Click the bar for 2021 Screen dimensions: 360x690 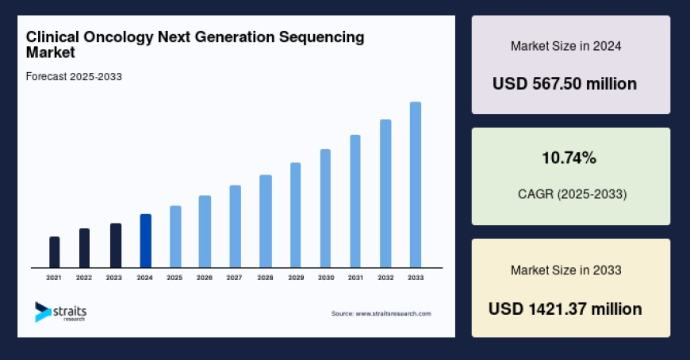(54, 252)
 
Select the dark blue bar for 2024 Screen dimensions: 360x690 (145, 241)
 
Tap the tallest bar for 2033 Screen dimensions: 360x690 (415, 185)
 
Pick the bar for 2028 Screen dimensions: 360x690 (266, 221)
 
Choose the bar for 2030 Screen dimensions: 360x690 (325, 209)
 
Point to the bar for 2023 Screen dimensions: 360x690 (115, 246)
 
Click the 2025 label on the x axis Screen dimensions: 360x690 (174, 278)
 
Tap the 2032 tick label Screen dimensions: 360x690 (385, 278)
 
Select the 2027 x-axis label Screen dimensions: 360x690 (234, 278)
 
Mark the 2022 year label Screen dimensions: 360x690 (84, 278)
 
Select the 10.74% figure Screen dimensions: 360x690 (569, 159)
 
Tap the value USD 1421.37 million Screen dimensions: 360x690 (565, 308)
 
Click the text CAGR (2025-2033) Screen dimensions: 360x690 (570, 193)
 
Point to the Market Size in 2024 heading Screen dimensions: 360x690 (565, 46)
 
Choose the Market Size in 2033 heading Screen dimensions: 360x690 (565, 270)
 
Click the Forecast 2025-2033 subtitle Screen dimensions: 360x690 (74, 76)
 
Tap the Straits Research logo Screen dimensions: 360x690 (60, 312)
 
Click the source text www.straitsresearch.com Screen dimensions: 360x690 (381, 313)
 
